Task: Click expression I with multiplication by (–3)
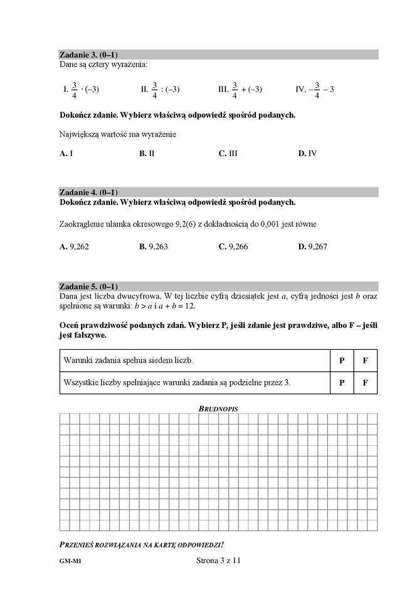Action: (x=81, y=90)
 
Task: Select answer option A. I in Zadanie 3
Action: (x=66, y=153)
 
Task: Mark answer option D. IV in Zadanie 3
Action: (x=307, y=153)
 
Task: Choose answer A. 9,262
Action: (x=74, y=247)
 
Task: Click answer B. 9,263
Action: (x=153, y=247)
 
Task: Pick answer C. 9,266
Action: (x=233, y=247)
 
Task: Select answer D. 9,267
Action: (x=312, y=247)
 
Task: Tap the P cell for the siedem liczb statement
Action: (x=342, y=361)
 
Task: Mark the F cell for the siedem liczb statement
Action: (x=366, y=361)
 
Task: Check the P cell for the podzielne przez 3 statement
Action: (x=342, y=382)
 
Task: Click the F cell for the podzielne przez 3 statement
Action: (x=366, y=382)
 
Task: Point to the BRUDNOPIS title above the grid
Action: (x=218, y=409)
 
